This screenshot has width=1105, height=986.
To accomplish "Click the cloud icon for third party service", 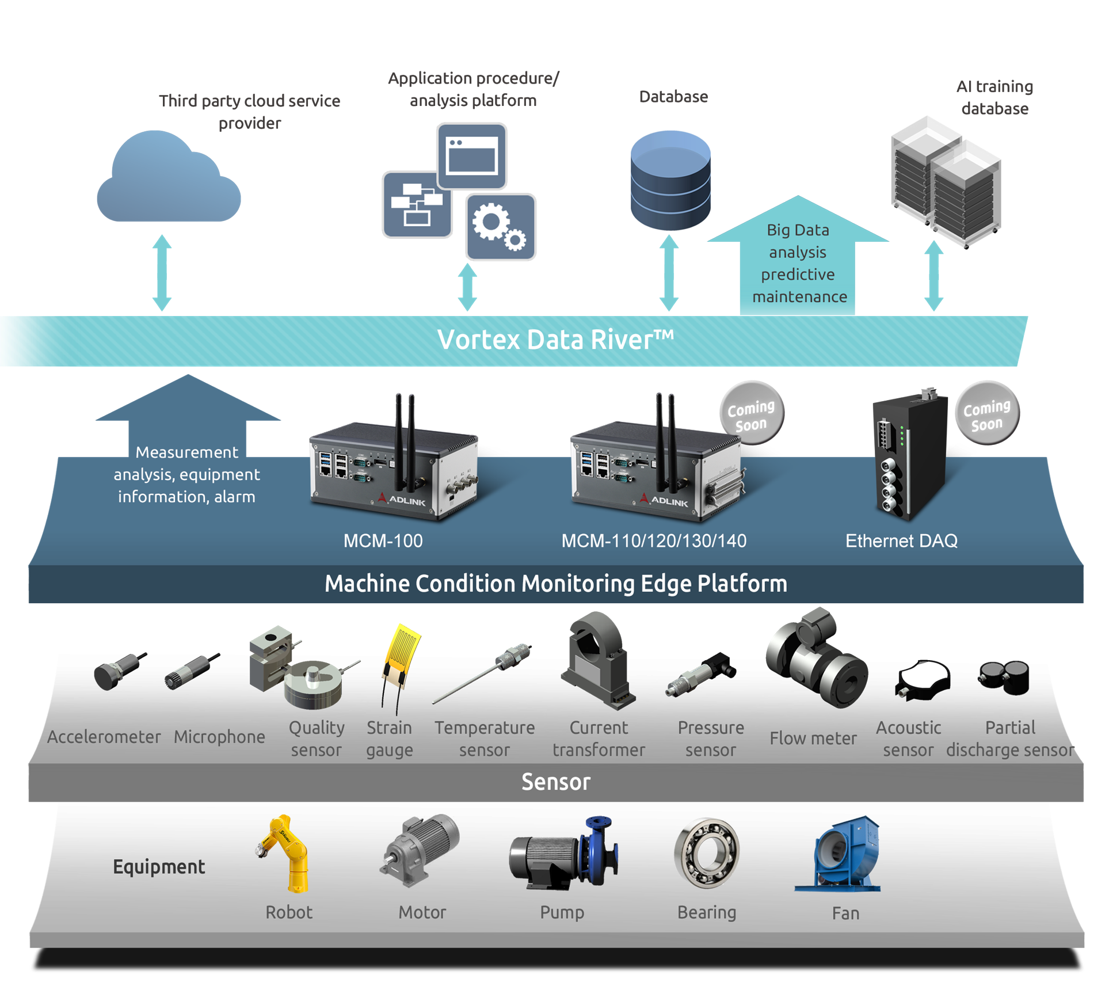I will click(168, 181).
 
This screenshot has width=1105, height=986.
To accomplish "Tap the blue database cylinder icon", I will click(670, 180).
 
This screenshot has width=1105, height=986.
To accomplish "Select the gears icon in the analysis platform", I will click(500, 227).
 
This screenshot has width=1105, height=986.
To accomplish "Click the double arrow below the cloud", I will click(162, 273).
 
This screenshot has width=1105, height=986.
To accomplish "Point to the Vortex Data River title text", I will click(555, 340).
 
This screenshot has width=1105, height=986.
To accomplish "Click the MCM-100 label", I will click(383, 541).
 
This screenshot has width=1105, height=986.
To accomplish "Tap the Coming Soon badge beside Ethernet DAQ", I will click(987, 413).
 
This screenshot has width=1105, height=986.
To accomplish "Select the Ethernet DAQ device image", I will click(909, 458).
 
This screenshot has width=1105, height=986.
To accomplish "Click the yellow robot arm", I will click(287, 852).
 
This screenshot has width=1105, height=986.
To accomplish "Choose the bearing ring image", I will click(707, 853).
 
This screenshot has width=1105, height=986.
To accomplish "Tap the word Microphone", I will click(219, 737).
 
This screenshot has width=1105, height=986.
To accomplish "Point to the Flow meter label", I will click(813, 738).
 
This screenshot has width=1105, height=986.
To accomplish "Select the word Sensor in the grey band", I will click(556, 782).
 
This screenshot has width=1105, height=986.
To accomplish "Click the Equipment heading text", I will click(159, 867).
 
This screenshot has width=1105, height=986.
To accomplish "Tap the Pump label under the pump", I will click(562, 913).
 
